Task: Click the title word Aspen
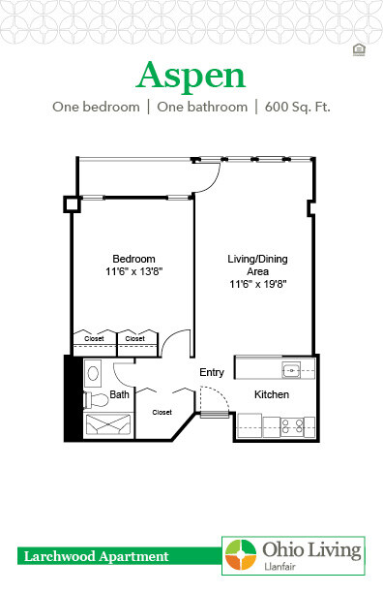tap(191, 75)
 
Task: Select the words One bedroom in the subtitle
tap(95, 108)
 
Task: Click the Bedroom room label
tap(133, 259)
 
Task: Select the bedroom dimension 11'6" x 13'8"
tap(133, 272)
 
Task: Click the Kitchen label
tap(272, 395)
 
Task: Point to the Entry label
tap(212, 373)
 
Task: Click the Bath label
tap(119, 395)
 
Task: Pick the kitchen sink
tap(292, 369)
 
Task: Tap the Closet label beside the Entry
tap(162, 412)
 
